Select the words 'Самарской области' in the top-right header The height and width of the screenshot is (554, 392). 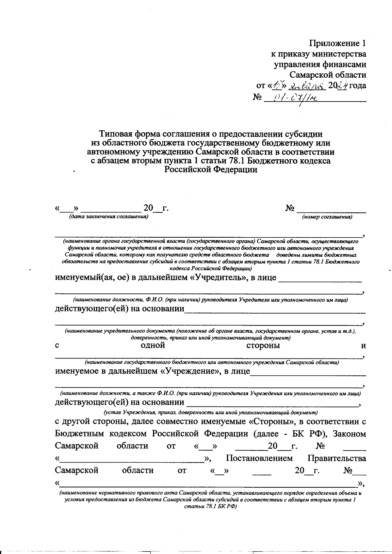point(328,75)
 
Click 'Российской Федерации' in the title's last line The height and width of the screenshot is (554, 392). point(211,170)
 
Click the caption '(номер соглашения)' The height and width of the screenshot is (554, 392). point(327,217)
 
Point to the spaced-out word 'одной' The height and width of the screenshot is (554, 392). point(153,346)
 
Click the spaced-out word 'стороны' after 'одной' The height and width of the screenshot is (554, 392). point(263,346)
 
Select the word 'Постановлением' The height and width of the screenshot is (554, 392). point(259,458)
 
